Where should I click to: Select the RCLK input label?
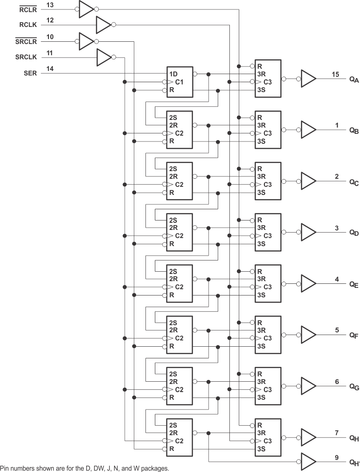28,26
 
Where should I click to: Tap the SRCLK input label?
26,57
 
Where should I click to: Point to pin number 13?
50,4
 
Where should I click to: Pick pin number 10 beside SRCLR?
50,37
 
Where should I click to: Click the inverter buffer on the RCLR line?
86,9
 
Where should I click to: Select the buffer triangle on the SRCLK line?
103,57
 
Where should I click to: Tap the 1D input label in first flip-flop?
173,74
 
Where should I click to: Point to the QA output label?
354,79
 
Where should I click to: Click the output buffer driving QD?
308,232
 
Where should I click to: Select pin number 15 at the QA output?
336,74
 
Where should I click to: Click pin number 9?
336,458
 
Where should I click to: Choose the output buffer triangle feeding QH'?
308,461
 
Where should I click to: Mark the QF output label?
354,335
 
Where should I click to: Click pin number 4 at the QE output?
336,279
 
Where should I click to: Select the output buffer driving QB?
308,130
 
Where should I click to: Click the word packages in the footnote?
155,468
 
